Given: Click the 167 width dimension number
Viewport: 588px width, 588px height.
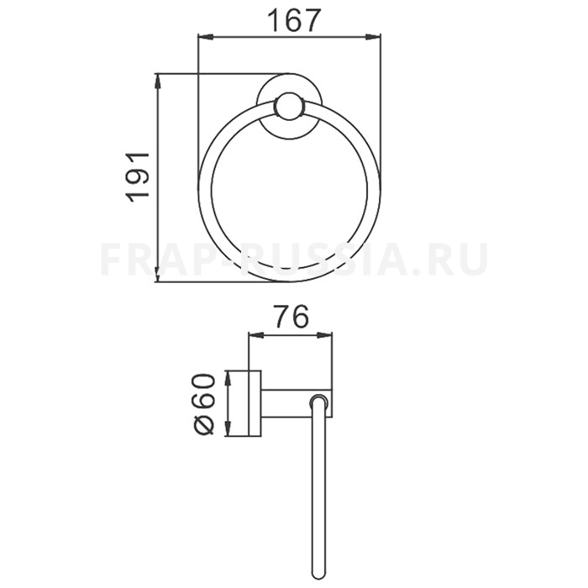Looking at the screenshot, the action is tap(294, 21).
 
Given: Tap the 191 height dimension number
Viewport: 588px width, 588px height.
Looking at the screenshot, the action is tap(138, 176).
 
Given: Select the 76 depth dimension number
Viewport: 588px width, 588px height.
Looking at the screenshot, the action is tap(291, 317).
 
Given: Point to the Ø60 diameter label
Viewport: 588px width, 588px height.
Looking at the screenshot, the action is tap(203, 403).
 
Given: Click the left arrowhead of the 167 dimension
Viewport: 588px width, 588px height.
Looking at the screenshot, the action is tap(206, 36).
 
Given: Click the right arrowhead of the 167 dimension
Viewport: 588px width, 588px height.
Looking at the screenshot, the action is tap(373, 36).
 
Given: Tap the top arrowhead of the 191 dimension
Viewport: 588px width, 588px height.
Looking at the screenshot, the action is tap(158, 81).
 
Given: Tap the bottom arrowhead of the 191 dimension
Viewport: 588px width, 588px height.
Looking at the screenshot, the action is tap(158, 274).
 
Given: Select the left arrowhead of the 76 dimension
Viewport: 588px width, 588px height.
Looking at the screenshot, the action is tap(256, 335).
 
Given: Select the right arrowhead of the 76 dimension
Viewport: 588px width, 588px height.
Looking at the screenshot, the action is tap(324, 335).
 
